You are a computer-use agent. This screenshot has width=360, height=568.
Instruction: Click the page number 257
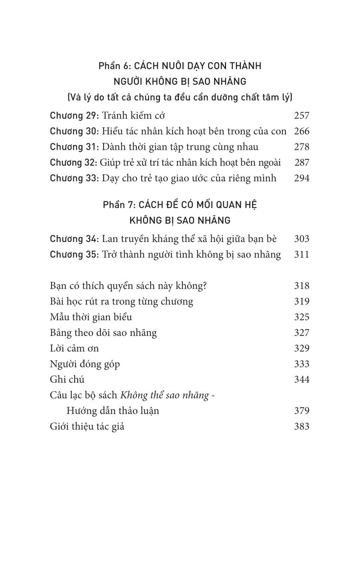click(x=301, y=115)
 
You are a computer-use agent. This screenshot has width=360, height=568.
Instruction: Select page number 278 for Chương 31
click(x=301, y=147)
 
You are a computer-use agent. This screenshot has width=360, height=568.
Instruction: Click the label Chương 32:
click(x=73, y=162)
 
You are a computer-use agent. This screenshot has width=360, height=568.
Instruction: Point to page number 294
click(x=301, y=178)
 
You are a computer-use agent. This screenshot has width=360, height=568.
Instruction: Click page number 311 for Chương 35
click(x=301, y=254)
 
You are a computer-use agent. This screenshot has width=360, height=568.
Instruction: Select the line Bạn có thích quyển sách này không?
click(x=128, y=286)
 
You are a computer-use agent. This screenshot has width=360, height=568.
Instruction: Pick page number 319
click(x=301, y=301)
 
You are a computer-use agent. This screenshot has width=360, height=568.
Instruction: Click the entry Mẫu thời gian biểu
click(x=91, y=317)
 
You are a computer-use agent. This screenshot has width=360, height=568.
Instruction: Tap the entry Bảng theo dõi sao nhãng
click(x=103, y=333)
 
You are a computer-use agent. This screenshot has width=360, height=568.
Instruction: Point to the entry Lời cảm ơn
click(x=75, y=348)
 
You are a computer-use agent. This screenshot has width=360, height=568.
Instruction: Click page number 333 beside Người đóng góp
click(x=301, y=364)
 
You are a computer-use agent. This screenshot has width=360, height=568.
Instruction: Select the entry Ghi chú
click(x=67, y=379)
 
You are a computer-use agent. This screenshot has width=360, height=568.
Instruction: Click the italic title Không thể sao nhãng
click(x=164, y=395)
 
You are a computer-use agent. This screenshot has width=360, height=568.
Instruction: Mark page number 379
click(x=301, y=411)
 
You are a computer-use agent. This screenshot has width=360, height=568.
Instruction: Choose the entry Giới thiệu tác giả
click(x=87, y=427)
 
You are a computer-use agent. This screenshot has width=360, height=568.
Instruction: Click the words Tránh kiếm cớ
click(x=133, y=115)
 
